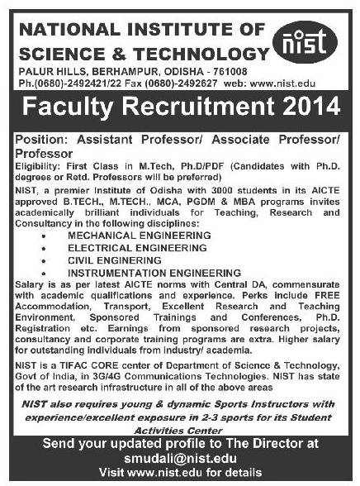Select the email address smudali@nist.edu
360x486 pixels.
tap(180, 461)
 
